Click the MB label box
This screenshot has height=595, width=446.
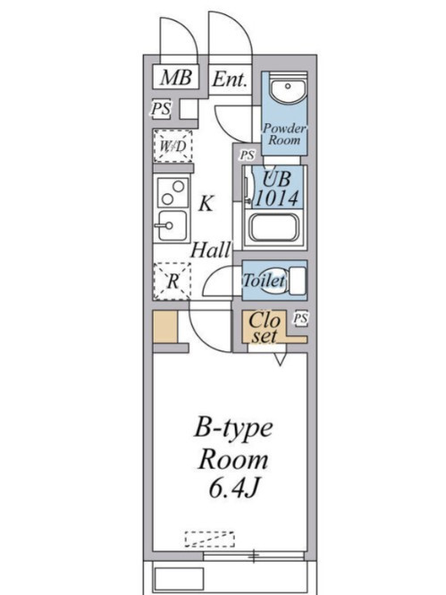[x=176, y=78]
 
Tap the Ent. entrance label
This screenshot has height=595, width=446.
[x=230, y=80]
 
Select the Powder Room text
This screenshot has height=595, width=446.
[x=284, y=134]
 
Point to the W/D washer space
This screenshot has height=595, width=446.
[x=173, y=147]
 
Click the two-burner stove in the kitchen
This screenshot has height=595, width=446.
[x=173, y=192]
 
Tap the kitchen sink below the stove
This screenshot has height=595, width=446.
[x=173, y=226]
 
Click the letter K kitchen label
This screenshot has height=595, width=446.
[x=206, y=204]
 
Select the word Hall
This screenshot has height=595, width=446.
[x=211, y=250]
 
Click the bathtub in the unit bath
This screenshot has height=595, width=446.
[x=273, y=228]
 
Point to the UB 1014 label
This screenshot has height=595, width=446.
[x=277, y=189]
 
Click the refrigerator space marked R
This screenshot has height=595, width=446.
[x=173, y=281]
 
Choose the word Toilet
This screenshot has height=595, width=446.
[x=264, y=281]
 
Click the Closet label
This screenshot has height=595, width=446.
[x=265, y=328]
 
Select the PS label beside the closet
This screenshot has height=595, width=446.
[x=300, y=318]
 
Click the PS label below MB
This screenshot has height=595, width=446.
[x=162, y=109]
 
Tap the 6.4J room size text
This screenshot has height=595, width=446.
[x=234, y=489]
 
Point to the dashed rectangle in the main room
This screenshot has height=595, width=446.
[x=209, y=540]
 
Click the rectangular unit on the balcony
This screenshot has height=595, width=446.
[x=179, y=579]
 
